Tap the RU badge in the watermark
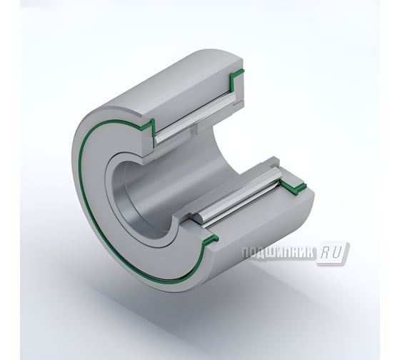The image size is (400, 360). [x=334, y=252]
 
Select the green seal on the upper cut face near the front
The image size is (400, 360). [x=148, y=127]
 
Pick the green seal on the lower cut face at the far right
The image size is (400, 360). [x=292, y=189]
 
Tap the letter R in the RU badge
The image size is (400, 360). [x=327, y=252]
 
